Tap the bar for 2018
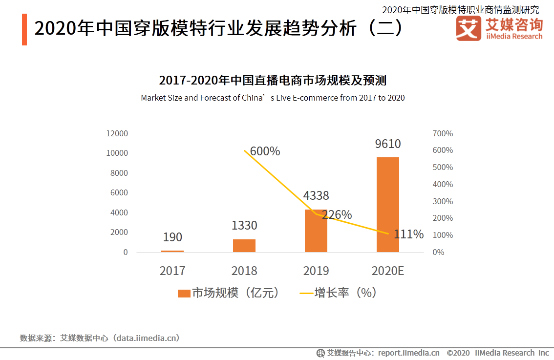tap(244, 246)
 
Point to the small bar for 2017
tap(172, 251)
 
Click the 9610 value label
tap(387, 144)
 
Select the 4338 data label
tap(316, 196)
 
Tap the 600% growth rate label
tap(265, 151)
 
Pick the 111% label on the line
tap(408, 234)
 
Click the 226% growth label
tap(337, 215)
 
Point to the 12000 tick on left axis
tap(117, 133)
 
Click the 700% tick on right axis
tap(443, 133)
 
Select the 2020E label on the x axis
tap(387, 271)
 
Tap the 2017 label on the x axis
tap(172, 271)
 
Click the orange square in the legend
tap(184, 293)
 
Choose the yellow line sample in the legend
tap(306, 293)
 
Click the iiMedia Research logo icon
tap(468, 29)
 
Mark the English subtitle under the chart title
tap(273, 98)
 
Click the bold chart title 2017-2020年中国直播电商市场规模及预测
tap(273, 80)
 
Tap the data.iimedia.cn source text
tap(146, 338)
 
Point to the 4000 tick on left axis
tap(119, 212)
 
